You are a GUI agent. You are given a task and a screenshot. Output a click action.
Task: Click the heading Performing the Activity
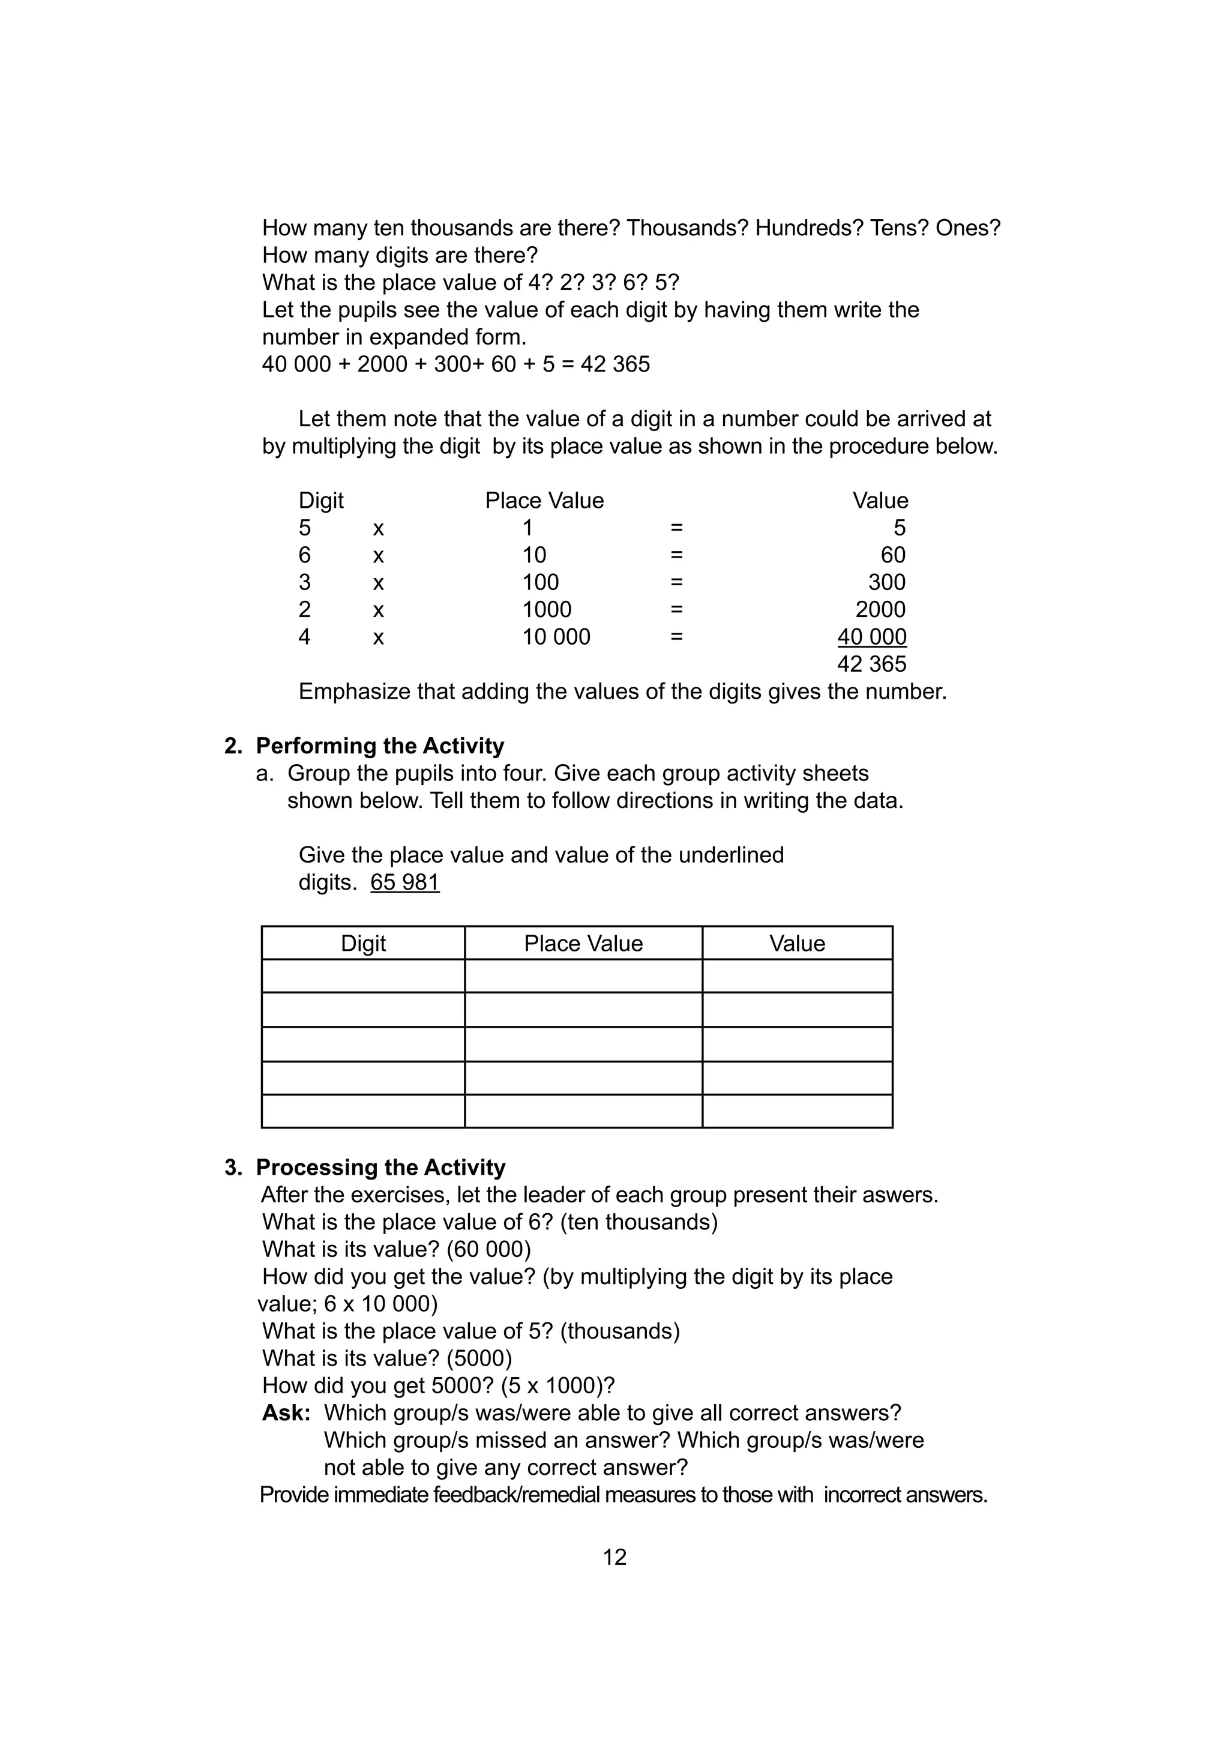click(x=379, y=746)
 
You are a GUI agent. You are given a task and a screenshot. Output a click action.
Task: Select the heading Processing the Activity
click(x=380, y=1167)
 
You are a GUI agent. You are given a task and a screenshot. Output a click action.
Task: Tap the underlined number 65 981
click(x=404, y=882)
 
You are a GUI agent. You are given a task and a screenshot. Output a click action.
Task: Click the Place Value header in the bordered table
click(x=583, y=943)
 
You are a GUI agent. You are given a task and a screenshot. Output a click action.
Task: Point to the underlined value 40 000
click(x=871, y=637)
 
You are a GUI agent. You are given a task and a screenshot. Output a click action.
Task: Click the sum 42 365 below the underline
click(x=871, y=665)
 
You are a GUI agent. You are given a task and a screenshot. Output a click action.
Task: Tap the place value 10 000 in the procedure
click(x=556, y=637)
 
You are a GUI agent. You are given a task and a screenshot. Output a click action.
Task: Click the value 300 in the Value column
click(x=887, y=582)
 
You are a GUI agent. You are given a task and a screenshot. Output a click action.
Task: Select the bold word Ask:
click(x=286, y=1412)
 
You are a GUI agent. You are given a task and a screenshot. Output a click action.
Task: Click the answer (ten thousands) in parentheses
click(x=639, y=1222)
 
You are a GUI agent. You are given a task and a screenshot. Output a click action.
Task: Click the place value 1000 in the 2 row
click(x=547, y=610)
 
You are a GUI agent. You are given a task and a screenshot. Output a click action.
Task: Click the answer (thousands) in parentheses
click(x=619, y=1331)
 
